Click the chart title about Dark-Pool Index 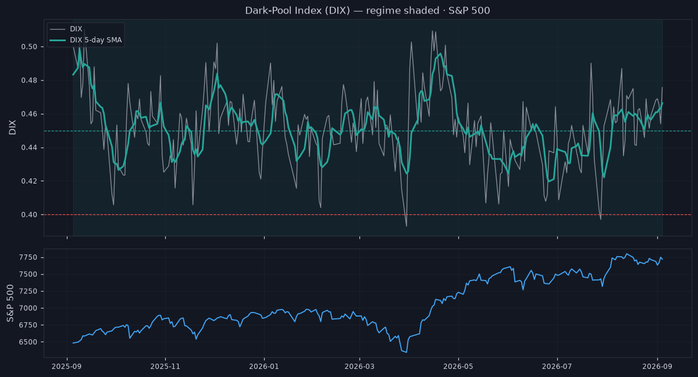pos(368,10)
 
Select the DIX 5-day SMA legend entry pos(86,40)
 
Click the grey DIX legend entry pos(66,29)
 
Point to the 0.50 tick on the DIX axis pos(29,46)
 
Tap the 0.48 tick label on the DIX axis pos(29,80)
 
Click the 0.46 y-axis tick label pos(29,114)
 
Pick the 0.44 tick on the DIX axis pos(29,148)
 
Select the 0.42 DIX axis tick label pos(29,181)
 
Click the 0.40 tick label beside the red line pos(29,215)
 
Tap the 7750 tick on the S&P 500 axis pos(28,257)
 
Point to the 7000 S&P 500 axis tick pos(28,308)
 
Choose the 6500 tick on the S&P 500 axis pos(28,342)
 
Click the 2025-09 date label pos(67,367)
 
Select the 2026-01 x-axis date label pos(264,367)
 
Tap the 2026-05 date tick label pos(458,367)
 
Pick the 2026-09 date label pos(657,367)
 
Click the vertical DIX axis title pos(12,127)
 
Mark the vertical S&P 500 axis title pos(10,303)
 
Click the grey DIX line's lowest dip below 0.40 pos(407,226)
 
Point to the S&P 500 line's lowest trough pos(407,353)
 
